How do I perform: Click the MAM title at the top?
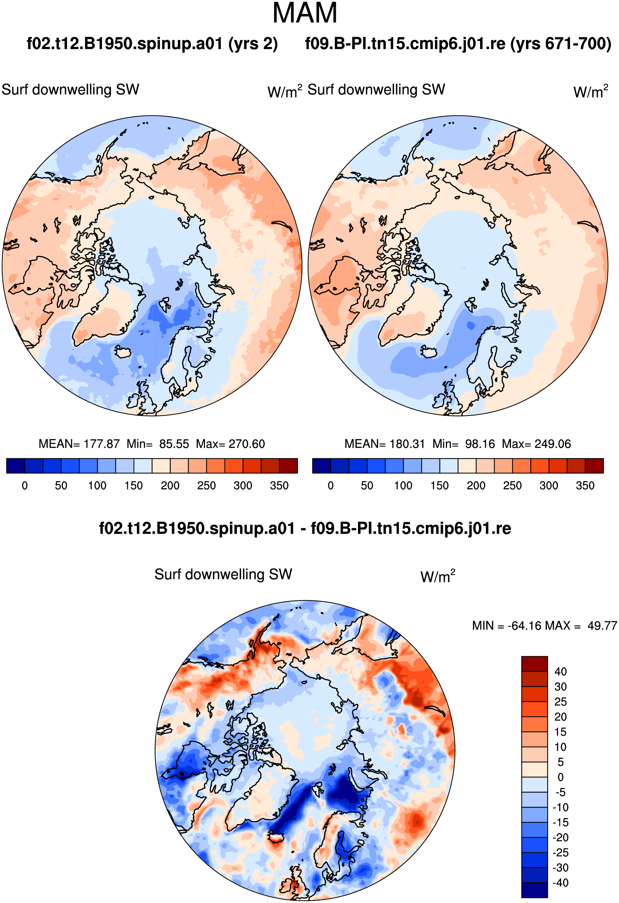point(305,13)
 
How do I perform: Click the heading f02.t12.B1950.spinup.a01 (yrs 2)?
point(152,44)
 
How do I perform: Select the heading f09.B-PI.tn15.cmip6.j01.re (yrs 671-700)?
point(458,44)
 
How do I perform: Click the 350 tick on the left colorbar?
point(279,486)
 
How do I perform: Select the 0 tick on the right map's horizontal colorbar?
point(331,486)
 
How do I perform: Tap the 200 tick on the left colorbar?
point(170,486)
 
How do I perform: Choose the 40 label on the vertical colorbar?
point(561,672)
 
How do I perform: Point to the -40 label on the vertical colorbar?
point(561,883)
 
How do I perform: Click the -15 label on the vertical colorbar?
point(561,822)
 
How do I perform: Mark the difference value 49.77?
point(602,626)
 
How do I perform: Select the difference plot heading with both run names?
point(305,528)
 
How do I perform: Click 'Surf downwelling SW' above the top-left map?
point(70,90)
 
